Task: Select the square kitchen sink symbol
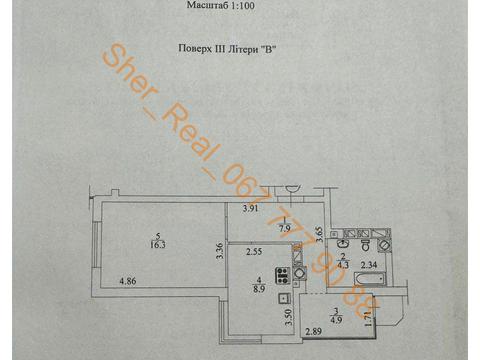(286, 297)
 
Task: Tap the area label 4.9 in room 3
(336, 320)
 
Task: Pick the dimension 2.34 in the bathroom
(368, 266)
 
